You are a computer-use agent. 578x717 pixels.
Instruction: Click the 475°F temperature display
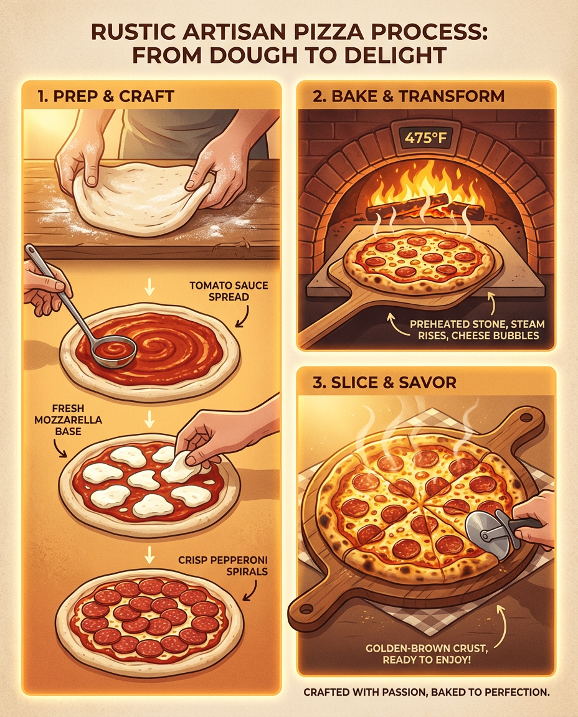(x=425, y=137)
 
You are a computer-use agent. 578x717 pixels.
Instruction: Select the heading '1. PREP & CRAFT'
(x=106, y=96)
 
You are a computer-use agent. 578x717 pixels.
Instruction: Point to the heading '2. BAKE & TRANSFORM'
(x=409, y=96)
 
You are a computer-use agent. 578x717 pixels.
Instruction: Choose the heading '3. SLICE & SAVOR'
(x=384, y=382)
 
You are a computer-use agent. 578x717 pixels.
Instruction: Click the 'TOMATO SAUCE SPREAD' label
(x=229, y=291)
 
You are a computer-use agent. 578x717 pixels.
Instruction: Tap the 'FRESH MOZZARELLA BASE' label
(x=68, y=419)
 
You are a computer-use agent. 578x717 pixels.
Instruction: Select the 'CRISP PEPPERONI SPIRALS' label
(x=223, y=566)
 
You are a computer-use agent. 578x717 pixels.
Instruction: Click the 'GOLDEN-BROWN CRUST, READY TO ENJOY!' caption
(x=427, y=654)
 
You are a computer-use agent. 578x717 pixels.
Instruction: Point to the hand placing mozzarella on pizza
(x=220, y=441)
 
